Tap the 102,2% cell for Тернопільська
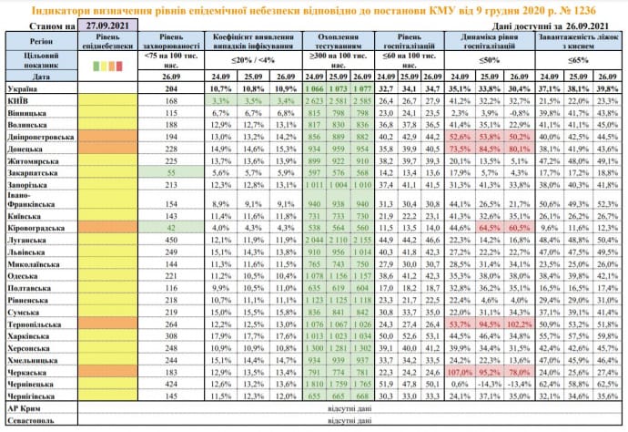(520, 324)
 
